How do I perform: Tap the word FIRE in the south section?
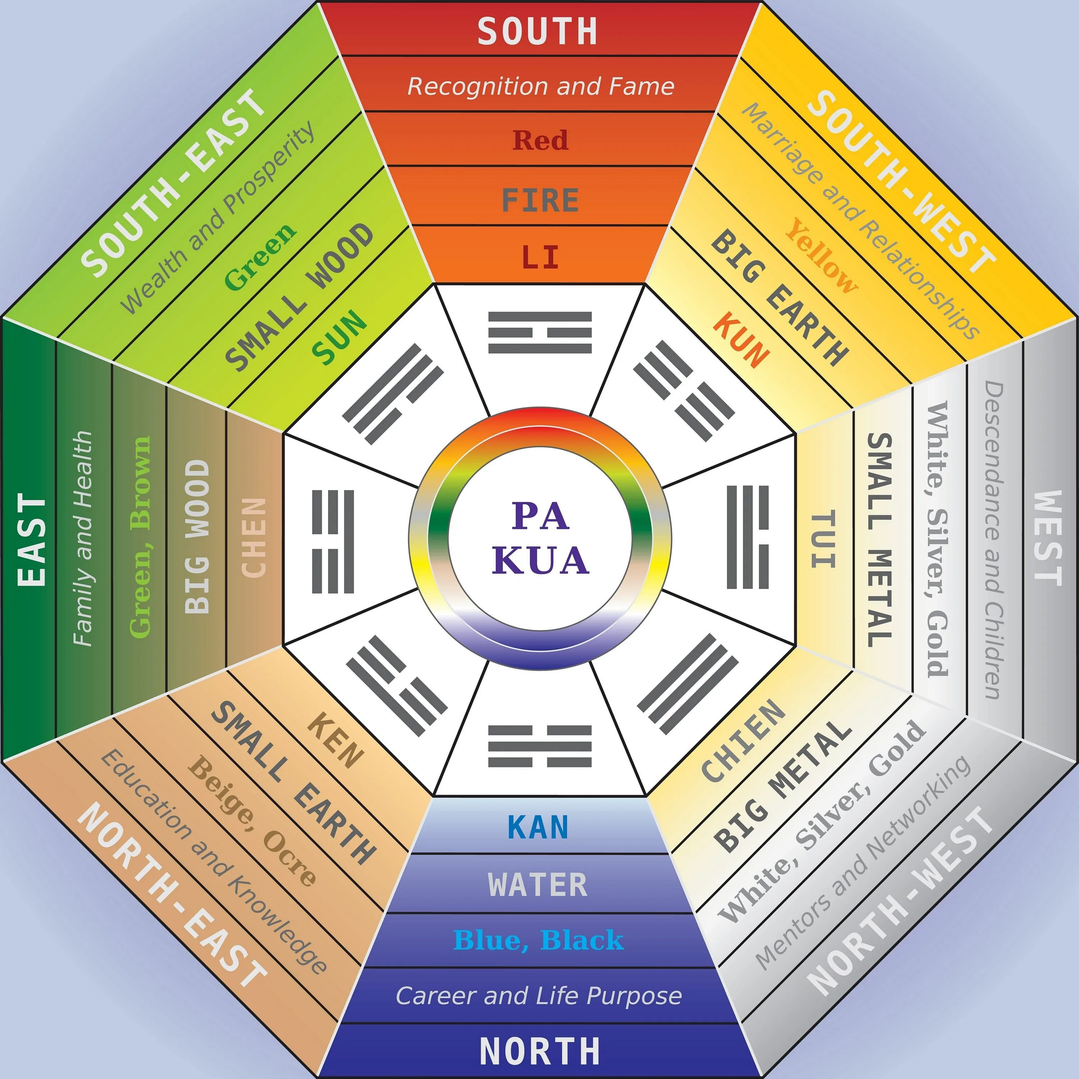tap(540, 200)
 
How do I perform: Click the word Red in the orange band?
tap(540, 140)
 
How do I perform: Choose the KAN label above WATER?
tap(538, 828)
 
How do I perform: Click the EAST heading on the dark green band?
tap(32, 539)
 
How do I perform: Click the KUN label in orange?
tap(742, 340)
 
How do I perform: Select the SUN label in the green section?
tap(339, 337)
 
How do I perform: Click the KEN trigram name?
tap(336, 740)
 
